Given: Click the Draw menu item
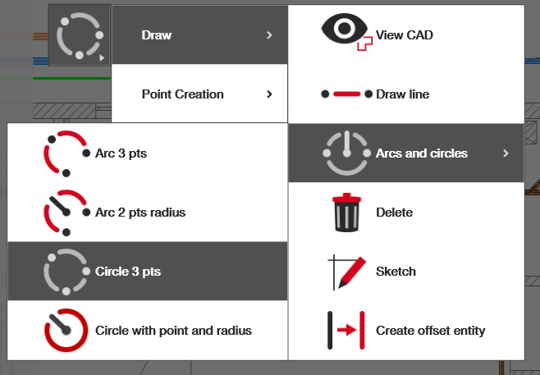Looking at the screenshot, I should [157, 35].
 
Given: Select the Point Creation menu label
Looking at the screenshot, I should [182, 94].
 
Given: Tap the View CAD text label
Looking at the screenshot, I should [404, 35].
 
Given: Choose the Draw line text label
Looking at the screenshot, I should [402, 94].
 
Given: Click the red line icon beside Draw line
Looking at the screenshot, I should [346, 94].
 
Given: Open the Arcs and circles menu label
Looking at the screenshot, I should [421, 153].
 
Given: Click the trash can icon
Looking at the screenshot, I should [346, 213].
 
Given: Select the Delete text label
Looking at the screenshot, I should [394, 213].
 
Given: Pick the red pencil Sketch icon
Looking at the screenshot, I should [346, 272].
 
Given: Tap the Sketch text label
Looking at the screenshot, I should [396, 272].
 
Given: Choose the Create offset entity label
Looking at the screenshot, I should [430, 331].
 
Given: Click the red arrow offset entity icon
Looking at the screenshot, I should [346, 331].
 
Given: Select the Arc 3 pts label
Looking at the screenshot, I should [121, 153].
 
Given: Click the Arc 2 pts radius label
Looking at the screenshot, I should [140, 213].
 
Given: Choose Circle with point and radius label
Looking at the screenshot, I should [173, 331].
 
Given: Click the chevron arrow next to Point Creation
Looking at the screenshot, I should [269, 94].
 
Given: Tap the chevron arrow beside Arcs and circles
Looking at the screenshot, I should [506, 153].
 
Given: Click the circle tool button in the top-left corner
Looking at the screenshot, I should [80, 35].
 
